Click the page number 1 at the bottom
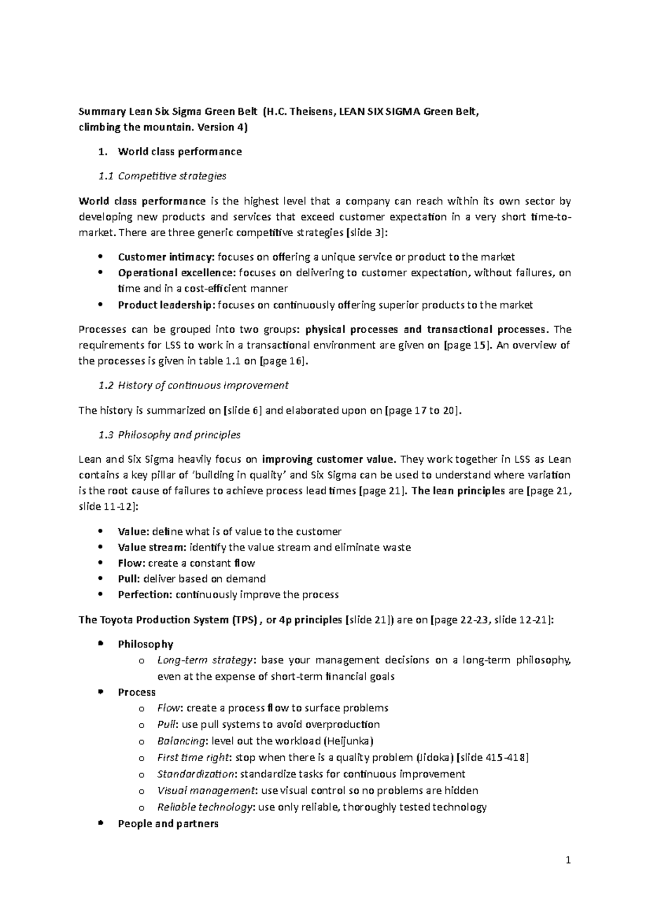tap(568, 860)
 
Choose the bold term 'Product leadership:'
tap(166, 305)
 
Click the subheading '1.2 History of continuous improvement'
tap(194, 386)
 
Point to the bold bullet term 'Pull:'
tap(129, 579)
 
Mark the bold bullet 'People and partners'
tap(168, 824)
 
